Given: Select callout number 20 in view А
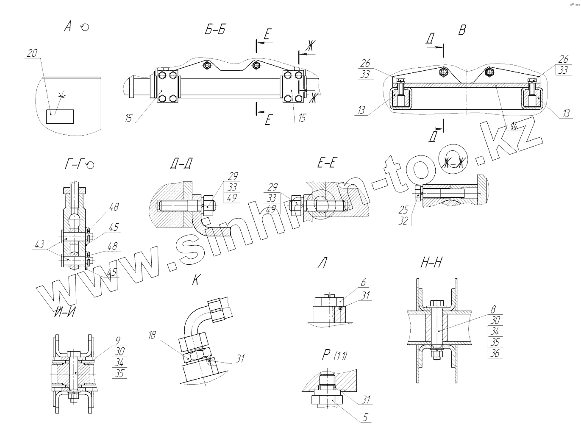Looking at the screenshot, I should [x=32, y=53].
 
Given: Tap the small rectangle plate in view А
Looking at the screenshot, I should [x=60, y=116].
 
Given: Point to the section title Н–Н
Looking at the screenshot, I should [x=431, y=263].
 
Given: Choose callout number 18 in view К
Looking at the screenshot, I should [x=151, y=335].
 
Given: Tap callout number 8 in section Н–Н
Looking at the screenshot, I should [x=493, y=310].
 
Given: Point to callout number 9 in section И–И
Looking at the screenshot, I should [x=118, y=340].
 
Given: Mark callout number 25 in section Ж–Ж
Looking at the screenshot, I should [x=403, y=209].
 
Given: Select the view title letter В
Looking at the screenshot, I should [x=462, y=30].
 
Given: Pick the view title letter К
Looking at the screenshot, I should [x=195, y=280].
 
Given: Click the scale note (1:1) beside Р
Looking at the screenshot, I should [x=340, y=356].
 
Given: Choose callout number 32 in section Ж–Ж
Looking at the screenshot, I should [x=403, y=220].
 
